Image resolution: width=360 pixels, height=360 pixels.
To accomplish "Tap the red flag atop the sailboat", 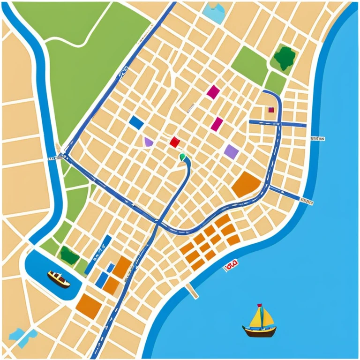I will point(259,307).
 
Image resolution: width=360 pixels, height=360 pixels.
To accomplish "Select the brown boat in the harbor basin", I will point(58,279).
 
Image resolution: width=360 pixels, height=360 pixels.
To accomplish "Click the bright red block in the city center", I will point(174,142).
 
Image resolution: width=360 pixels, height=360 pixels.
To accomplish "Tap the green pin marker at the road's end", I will point(182,157).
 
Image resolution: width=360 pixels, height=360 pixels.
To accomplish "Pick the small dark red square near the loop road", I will point(271,110).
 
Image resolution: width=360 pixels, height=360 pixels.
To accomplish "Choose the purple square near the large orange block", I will point(231,151).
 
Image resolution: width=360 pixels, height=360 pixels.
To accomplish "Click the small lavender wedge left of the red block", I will point(149,142).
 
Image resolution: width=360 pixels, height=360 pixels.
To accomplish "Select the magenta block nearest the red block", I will point(217,124).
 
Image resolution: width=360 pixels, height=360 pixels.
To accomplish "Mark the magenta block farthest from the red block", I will point(213,92).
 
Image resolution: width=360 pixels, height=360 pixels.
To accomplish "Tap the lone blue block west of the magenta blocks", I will point(136,123).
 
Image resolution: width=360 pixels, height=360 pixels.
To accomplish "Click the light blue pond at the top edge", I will point(214,13).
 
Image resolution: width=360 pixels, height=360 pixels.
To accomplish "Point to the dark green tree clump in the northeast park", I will point(285,58).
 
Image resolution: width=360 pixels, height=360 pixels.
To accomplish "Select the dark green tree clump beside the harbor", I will point(69,256).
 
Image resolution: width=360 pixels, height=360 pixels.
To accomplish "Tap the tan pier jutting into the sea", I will point(192,291).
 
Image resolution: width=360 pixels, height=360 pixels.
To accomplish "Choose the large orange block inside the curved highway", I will point(246,185).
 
